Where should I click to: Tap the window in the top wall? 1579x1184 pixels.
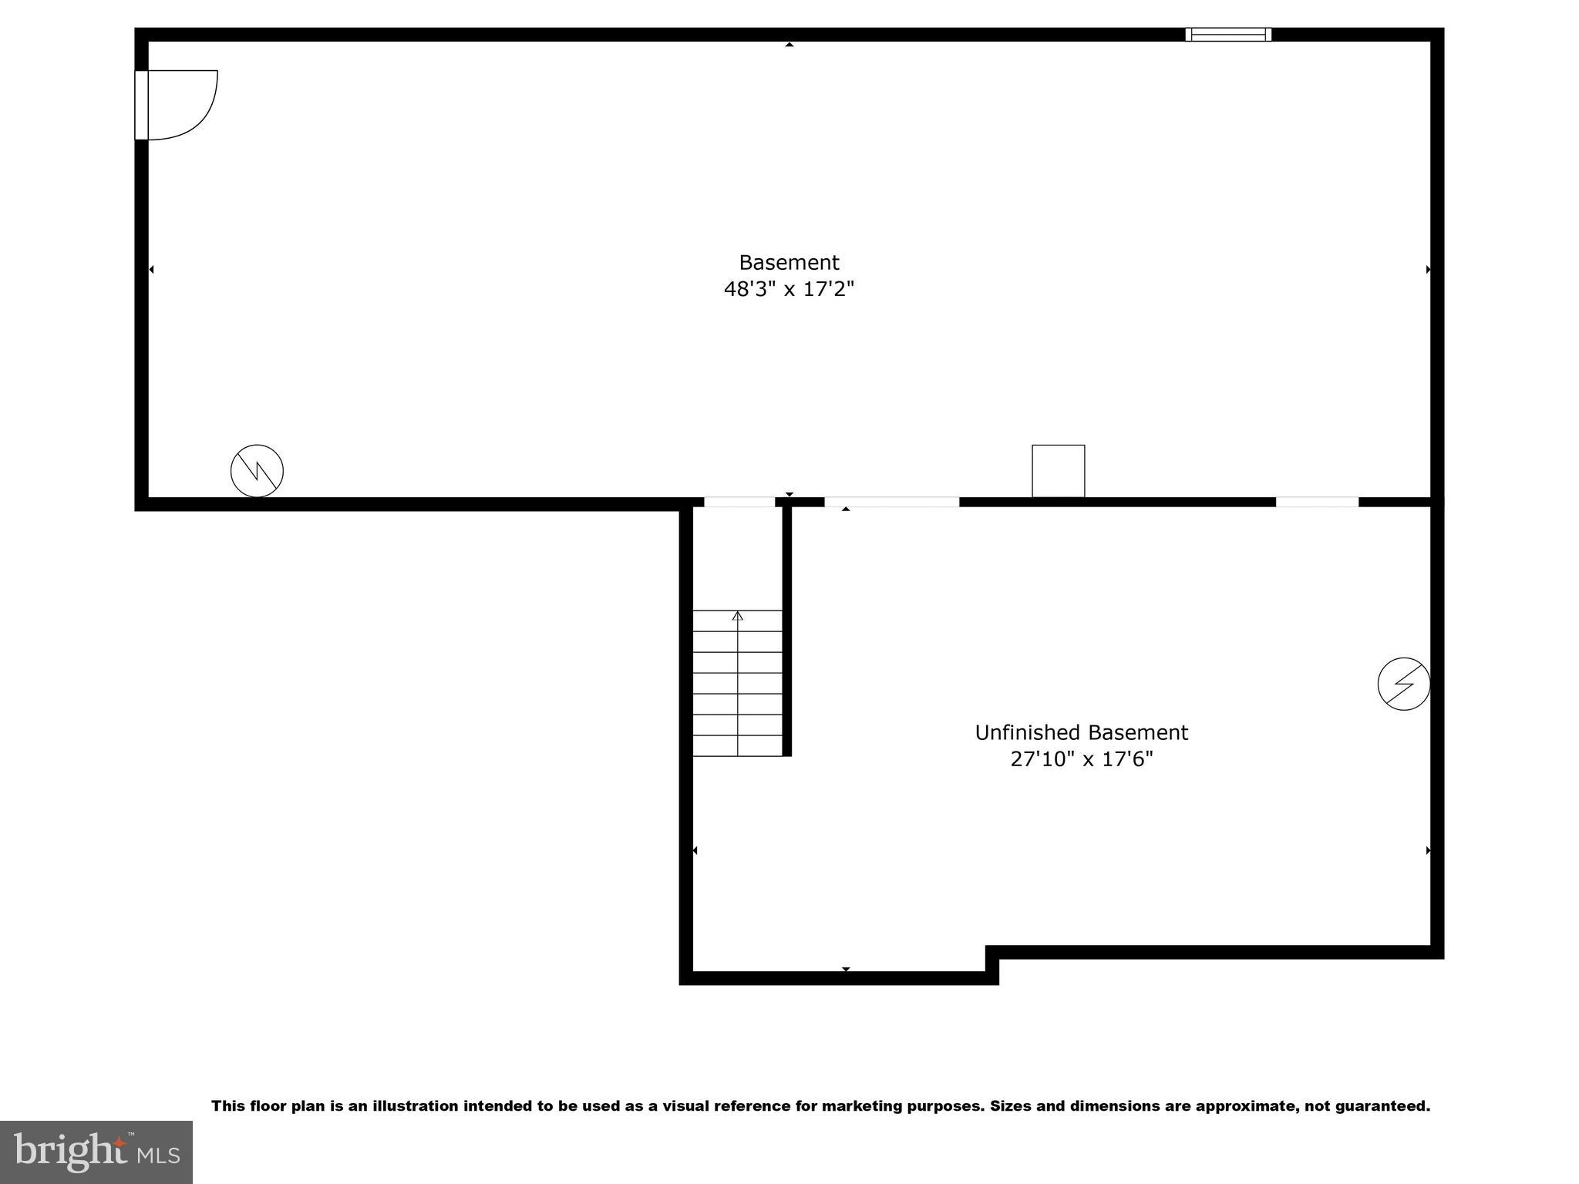[1227, 34]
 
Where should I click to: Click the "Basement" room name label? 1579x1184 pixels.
[789, 262]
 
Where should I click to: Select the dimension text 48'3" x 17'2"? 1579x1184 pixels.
[789, 289]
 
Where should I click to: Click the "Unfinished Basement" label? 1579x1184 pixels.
[1081, 732]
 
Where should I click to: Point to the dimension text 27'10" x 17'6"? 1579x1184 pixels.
[1081, 759]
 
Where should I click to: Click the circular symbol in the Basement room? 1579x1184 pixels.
[257, 470]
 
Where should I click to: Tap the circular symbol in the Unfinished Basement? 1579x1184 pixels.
[1403, 683]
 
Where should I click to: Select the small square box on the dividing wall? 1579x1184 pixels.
[1058, 471]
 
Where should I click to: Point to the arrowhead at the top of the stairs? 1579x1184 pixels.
[737, 616]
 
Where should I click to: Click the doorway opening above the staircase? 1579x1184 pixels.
[739, 502]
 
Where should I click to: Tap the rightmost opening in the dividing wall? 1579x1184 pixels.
[1317, 502]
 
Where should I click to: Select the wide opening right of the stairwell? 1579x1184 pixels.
[891, 502]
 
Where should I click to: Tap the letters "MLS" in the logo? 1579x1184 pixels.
[158, 1155]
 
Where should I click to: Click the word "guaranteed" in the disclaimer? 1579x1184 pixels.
[1385, 1106]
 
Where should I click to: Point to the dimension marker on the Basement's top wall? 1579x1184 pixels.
[789, 45]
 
